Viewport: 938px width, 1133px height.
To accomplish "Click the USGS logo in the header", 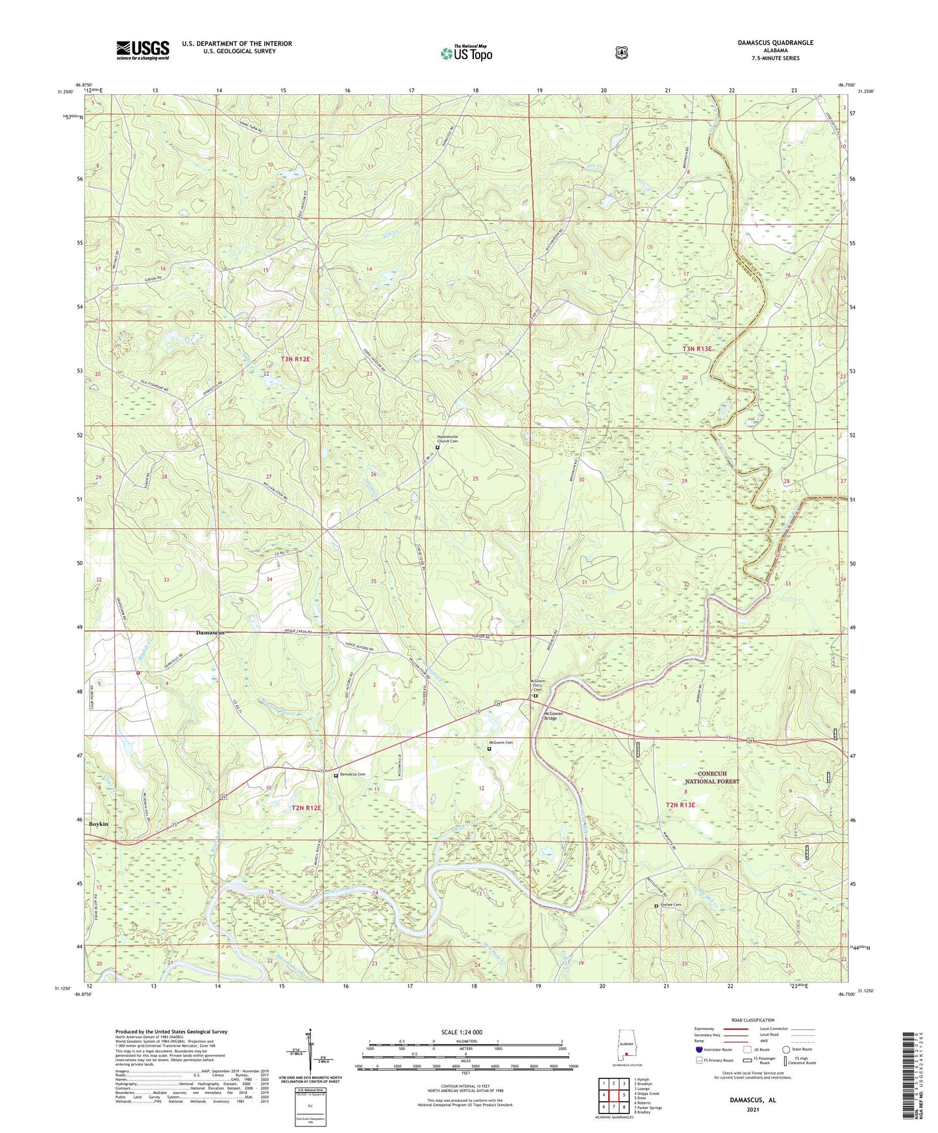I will click(x=143, y=50).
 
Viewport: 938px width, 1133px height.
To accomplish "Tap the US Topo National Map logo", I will click(x=465, y=53).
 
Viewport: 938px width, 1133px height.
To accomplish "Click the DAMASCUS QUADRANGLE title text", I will click(x=775, y=43).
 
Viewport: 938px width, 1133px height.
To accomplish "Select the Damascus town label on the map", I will click(x=210, y=632).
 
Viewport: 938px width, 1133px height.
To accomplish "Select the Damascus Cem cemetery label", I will click(x=353, y=775).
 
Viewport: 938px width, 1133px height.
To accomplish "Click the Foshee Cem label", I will click(x=672, y=905).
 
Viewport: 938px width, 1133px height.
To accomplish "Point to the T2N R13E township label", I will click(x=680, y=805).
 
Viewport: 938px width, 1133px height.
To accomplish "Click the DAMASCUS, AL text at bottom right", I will click(x=753, y=1100).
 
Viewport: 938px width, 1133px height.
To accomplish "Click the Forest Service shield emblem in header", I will click(x=621, y=53).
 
